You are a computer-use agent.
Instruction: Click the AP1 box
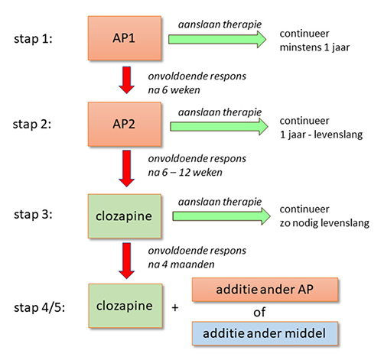tap(125, 38)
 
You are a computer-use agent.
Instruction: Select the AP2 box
tap(125, 124)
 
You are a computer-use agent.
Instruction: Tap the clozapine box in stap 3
tap(125, 216)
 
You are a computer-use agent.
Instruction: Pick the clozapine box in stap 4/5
tap(125, 306)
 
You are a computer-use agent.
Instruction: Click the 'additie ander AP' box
tap(265, 290)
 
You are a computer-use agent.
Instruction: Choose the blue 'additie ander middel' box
tap(265, 333)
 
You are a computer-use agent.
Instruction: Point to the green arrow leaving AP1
tap(217, 39)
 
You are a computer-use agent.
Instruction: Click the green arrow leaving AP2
tap(219, 126)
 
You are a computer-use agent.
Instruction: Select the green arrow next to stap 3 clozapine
tap(221, 216)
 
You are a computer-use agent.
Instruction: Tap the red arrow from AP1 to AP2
tap(127, 80)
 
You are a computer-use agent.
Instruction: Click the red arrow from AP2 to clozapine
tap(127, 168)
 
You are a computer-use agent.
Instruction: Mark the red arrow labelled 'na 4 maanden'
tap(127, 261)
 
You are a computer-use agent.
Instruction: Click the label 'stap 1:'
tap(33, 39)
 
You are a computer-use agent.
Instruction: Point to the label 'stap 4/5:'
tap(39, 307)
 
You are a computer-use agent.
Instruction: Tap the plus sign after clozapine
tap(175, 308)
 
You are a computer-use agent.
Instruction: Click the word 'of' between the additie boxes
tap(259, 312)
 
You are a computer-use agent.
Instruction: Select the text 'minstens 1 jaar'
tap(314, 47)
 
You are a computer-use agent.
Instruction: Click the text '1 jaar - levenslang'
tap(321, 135)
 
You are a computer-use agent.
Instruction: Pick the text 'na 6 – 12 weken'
tap(185, 173)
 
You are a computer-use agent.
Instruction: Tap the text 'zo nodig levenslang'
tap(324, 223)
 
